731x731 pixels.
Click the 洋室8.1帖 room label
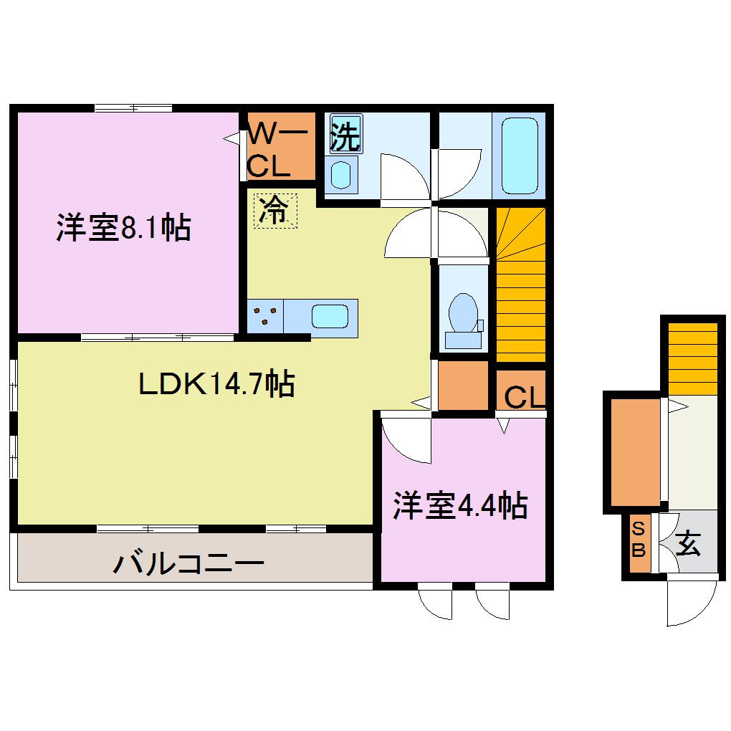tap(123, 228)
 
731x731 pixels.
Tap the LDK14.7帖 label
tap(216, 385)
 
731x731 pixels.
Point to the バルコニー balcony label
tap(188, 563)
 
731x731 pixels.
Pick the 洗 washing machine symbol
tap(345, 135)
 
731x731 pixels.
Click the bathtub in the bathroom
tap(519, 155)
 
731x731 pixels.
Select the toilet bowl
tap(463, 315)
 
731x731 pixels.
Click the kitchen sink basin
tap(330, 316)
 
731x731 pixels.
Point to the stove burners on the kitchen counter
tap(266, 316)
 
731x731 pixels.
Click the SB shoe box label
tap(639, 542)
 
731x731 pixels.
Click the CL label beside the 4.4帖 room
tap(523, 396)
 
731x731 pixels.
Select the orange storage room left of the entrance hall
tap(634, 451)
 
